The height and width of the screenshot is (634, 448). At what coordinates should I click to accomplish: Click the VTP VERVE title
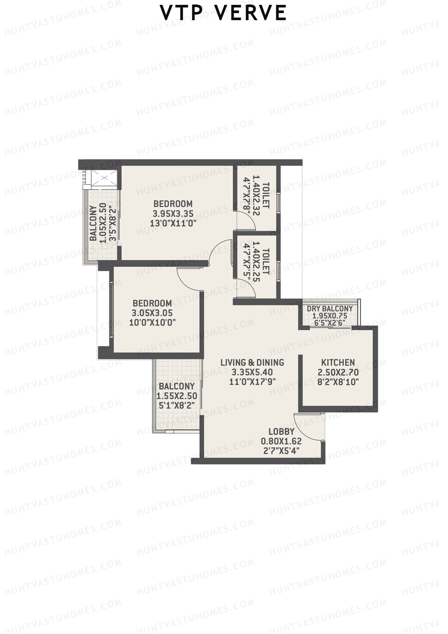[x=223, y=13]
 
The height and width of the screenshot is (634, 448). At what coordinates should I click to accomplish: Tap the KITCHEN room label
[x=338, y=362]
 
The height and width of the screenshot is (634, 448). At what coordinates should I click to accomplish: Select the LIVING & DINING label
[x=252, y=362]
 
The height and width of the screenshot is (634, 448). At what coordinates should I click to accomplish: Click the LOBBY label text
[x=281, y=432]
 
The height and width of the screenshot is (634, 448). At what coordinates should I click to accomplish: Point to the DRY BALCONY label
[x=330, y=309]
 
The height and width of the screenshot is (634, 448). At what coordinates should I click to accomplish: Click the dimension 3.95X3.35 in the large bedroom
[x=173, y=214]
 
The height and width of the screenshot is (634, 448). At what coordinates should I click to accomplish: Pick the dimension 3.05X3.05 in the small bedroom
[x=152, y=313]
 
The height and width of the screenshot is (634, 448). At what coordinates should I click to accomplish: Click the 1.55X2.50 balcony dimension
[x=177, y=396]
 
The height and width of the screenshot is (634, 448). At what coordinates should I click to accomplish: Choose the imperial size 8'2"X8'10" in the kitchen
[x=338, y=382]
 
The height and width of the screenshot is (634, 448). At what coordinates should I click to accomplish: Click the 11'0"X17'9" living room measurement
[x=252, y=382]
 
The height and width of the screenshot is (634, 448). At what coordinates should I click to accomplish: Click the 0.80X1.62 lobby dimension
[x=281, y=441]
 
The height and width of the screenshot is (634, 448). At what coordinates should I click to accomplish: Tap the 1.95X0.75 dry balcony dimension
[x=330, y=316]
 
